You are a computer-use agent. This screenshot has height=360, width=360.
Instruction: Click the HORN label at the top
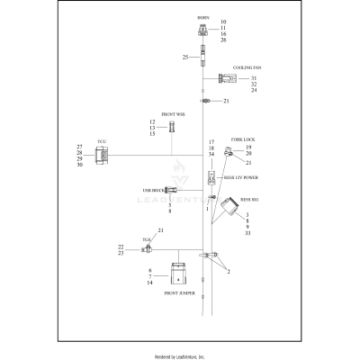(202, 17)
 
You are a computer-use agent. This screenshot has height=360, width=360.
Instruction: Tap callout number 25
(184, 58)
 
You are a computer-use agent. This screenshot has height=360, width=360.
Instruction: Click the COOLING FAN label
(247, 67)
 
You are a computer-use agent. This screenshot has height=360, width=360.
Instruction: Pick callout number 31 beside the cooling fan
(254, 78)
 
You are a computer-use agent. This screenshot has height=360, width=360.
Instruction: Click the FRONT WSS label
(174, 114)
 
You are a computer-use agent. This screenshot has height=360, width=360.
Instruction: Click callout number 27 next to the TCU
(79, 146)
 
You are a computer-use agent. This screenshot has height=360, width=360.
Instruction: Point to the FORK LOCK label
(243, 139)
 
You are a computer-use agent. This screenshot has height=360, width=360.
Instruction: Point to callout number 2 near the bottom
(229, 271)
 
